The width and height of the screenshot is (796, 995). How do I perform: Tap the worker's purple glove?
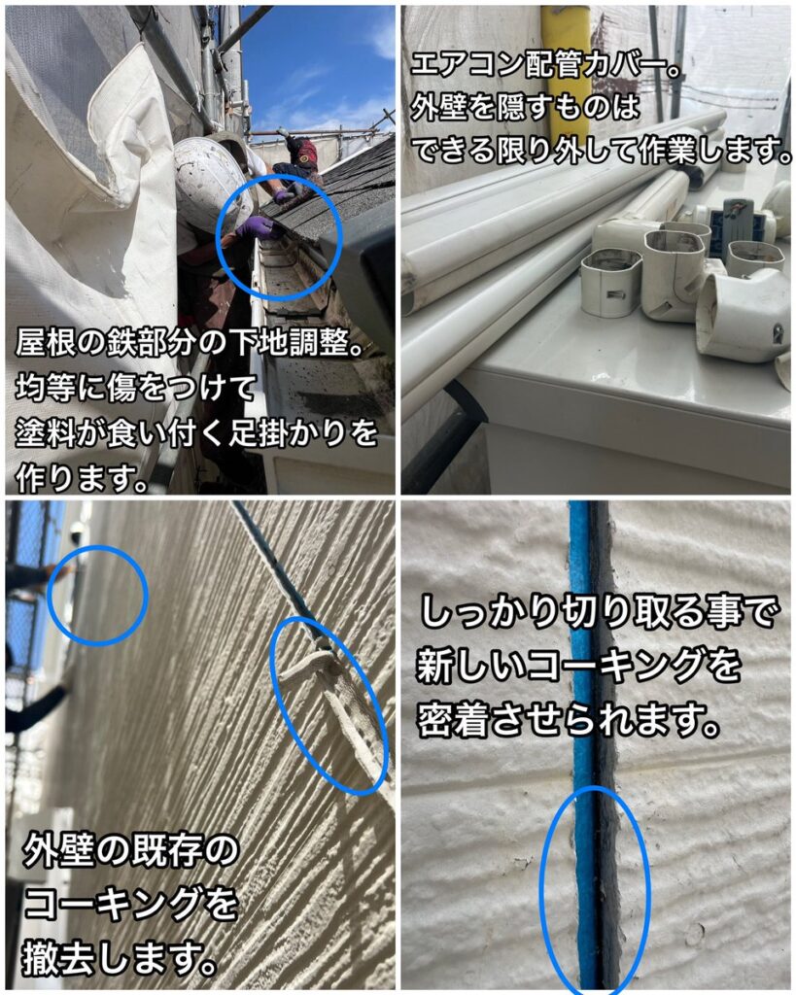257,225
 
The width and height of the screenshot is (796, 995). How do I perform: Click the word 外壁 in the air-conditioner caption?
440,108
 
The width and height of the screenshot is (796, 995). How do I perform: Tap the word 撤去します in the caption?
116,959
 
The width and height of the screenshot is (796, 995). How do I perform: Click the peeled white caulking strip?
330,704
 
